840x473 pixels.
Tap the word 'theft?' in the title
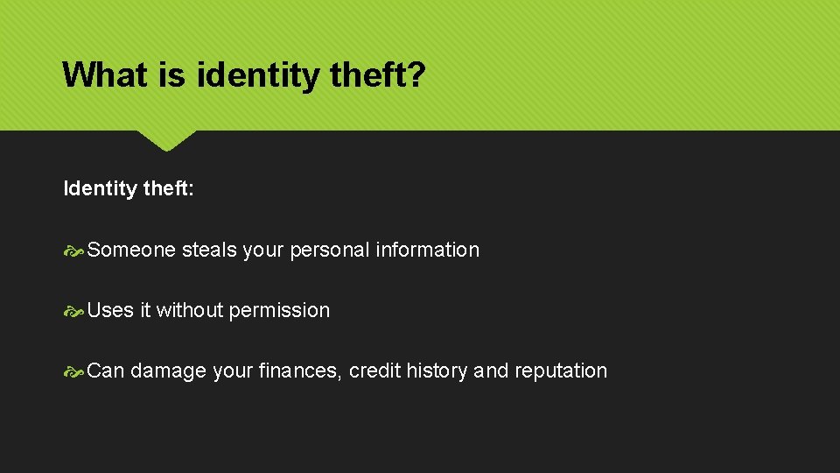point(378,74)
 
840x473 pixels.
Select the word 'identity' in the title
point(259,74)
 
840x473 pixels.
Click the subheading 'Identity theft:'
point(129,188)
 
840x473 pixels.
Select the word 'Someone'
point(131,250)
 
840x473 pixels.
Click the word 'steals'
point(209,250)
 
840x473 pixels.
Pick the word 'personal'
point(329,250)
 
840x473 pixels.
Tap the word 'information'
point(427,250)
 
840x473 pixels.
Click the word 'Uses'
point(110,310)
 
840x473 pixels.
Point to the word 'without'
point(189,310)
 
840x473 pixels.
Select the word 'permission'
point(279,310)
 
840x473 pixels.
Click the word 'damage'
point(168,371)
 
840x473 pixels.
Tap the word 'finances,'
point(300,371)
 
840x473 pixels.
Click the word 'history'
point(437,371)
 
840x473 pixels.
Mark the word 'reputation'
point(560,371)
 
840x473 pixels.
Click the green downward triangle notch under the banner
point(166,138)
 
